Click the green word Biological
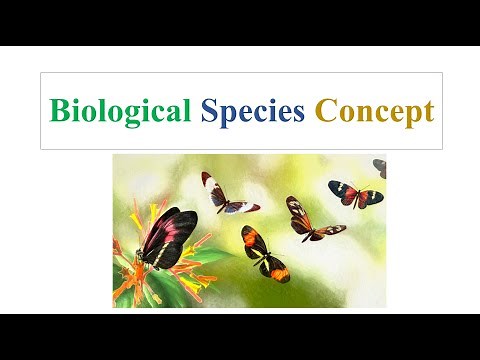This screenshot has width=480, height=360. point(120,111)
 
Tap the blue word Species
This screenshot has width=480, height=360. point(253,111)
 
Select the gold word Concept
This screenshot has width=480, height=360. point(374,111)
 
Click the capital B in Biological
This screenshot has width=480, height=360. point(60,110)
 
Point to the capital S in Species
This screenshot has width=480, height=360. point(209,110)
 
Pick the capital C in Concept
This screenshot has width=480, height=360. point(325,110)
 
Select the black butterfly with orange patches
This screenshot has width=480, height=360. point(262,254)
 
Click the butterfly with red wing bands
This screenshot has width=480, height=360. point(355,193)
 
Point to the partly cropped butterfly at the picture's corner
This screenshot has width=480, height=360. point(380,167)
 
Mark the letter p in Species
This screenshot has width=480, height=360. point(228,114)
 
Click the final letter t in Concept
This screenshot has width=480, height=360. point(428,111)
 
